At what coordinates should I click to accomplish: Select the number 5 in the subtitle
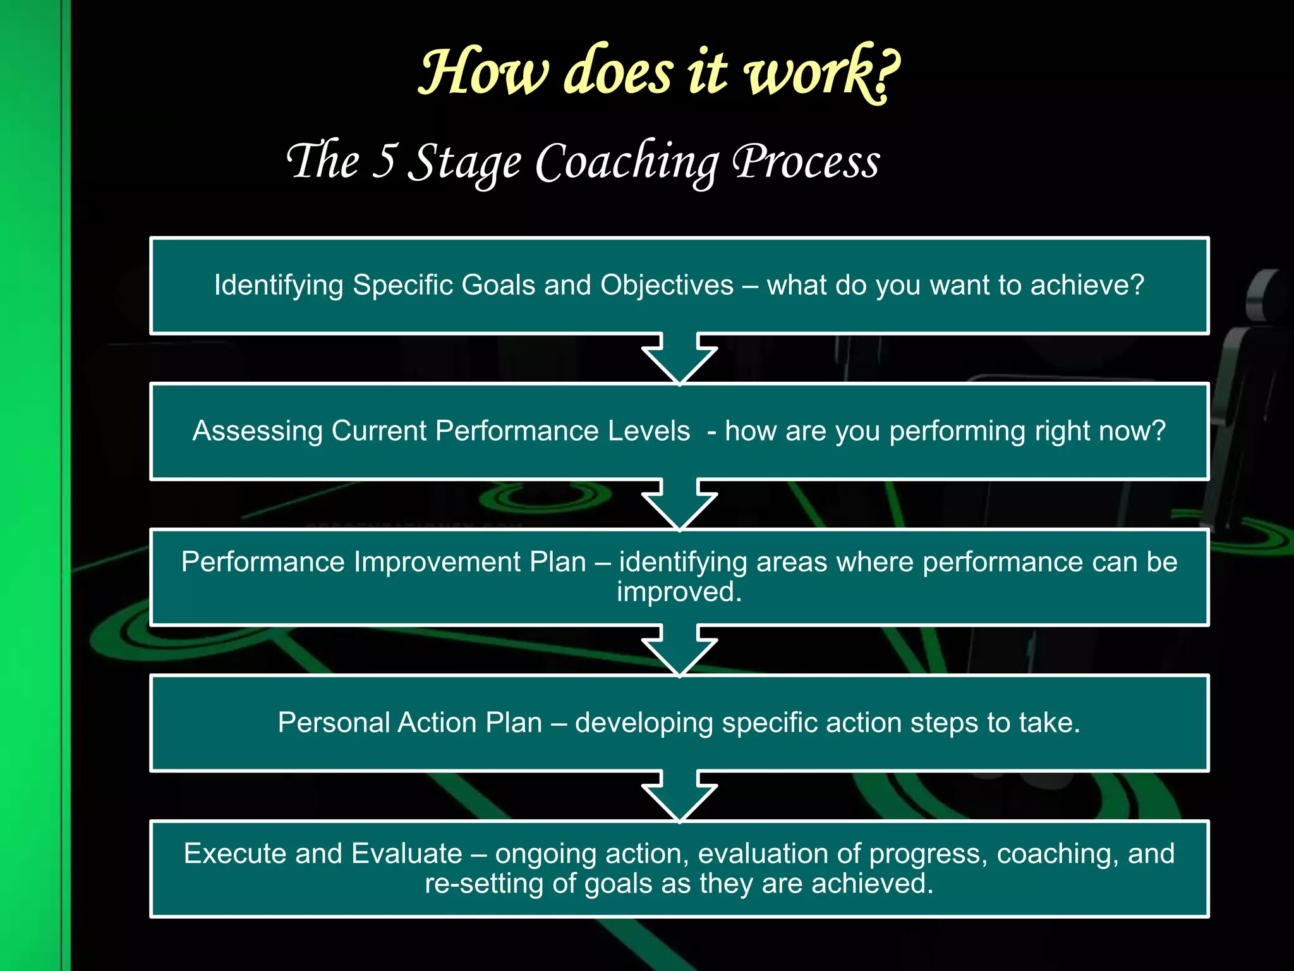coord(384,161)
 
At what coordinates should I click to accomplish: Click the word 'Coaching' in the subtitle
coord(627,163)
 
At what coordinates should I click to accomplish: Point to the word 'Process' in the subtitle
coord(806,162)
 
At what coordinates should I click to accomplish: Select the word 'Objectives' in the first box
coord(667,285)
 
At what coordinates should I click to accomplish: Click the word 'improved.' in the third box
coord(679,592)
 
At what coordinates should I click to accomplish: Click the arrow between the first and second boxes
coord(679,358)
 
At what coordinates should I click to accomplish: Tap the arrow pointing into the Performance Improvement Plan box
coord(679,504)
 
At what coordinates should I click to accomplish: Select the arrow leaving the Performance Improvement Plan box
coord(679,650)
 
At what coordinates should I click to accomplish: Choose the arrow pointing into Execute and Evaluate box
coord(679,796)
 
